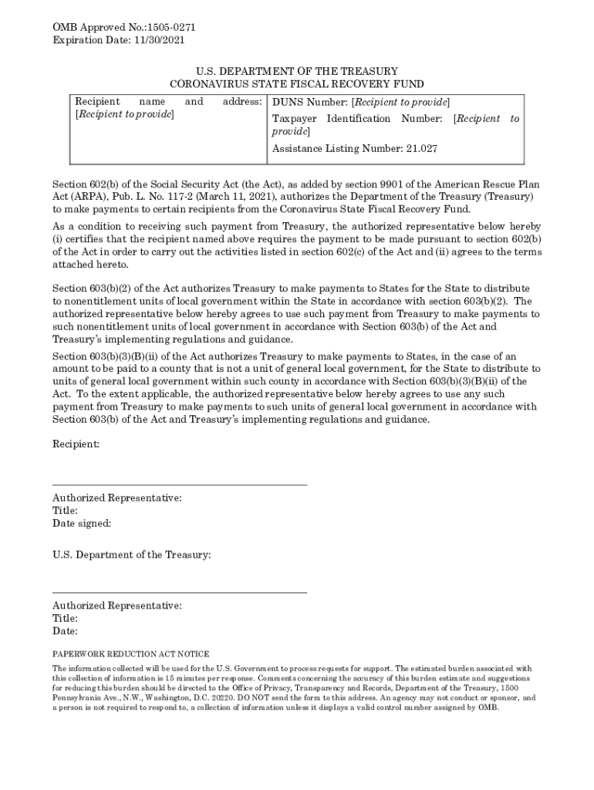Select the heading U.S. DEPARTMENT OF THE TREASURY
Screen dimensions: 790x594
pos(296,71)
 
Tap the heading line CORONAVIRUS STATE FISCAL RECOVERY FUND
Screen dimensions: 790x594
pos(296,83)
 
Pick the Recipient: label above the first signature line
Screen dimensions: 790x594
pos(76,444)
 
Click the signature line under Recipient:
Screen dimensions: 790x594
pos(179,484)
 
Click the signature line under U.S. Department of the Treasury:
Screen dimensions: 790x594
pos(179,592)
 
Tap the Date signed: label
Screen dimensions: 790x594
pos(82,523)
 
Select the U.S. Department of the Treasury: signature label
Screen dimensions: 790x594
pos(131,555)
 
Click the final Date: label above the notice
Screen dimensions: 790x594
pos(66,631)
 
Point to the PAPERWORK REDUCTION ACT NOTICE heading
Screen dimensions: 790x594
pos(130,653)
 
